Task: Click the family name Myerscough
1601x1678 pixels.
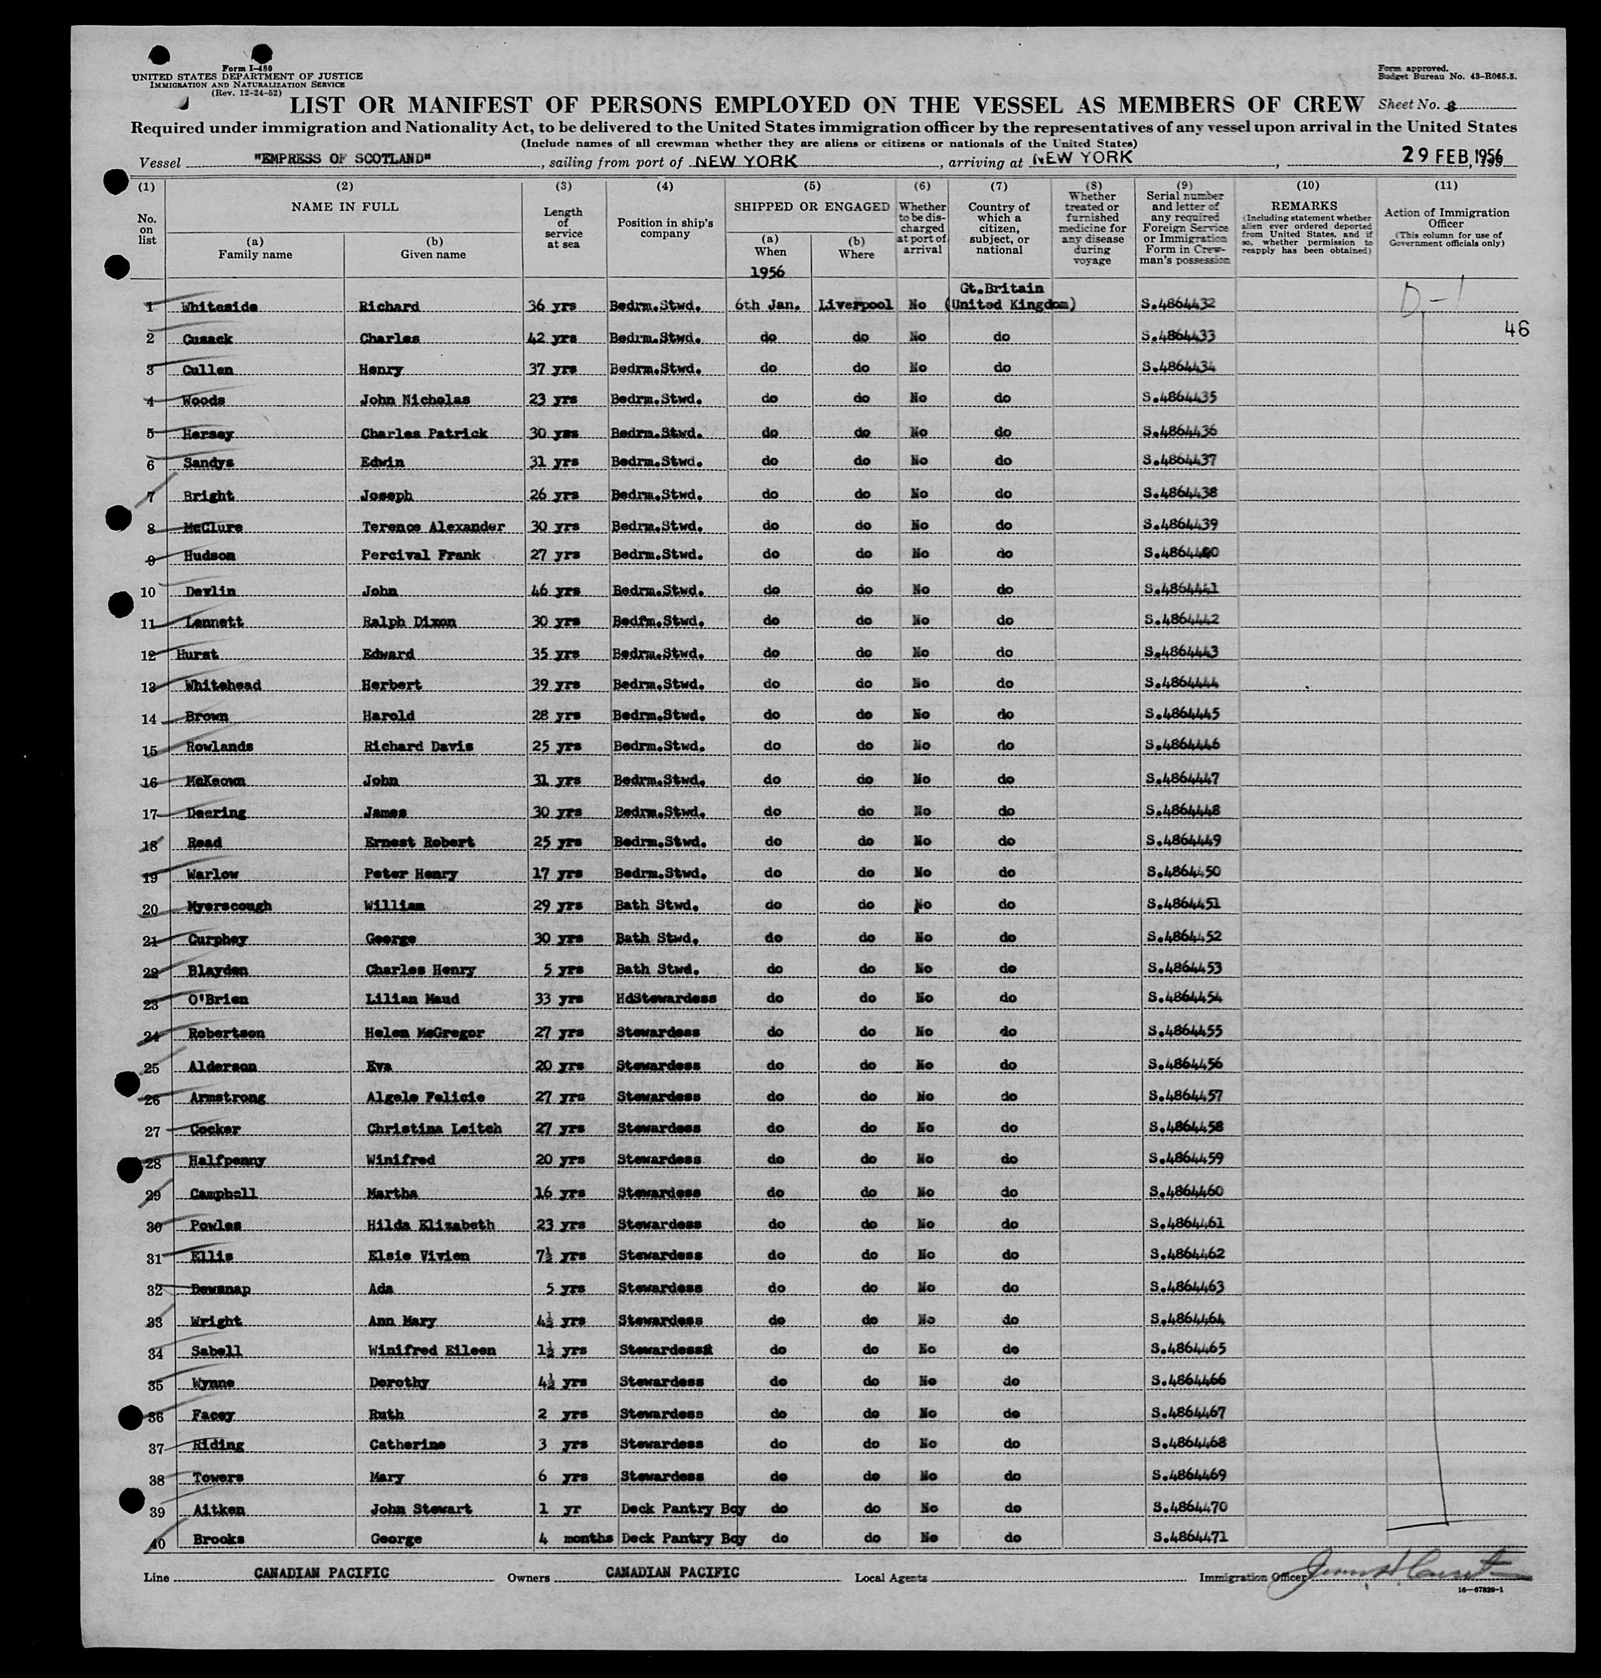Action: click(x=228, y=906)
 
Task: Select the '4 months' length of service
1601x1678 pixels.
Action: click(x=575, y=1538)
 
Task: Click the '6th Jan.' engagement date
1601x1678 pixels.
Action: click(x=768, y=305)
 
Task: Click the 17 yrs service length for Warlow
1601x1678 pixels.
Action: click(x=560, y=874)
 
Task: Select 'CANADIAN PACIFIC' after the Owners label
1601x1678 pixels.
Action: click(x=672, y=1572)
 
